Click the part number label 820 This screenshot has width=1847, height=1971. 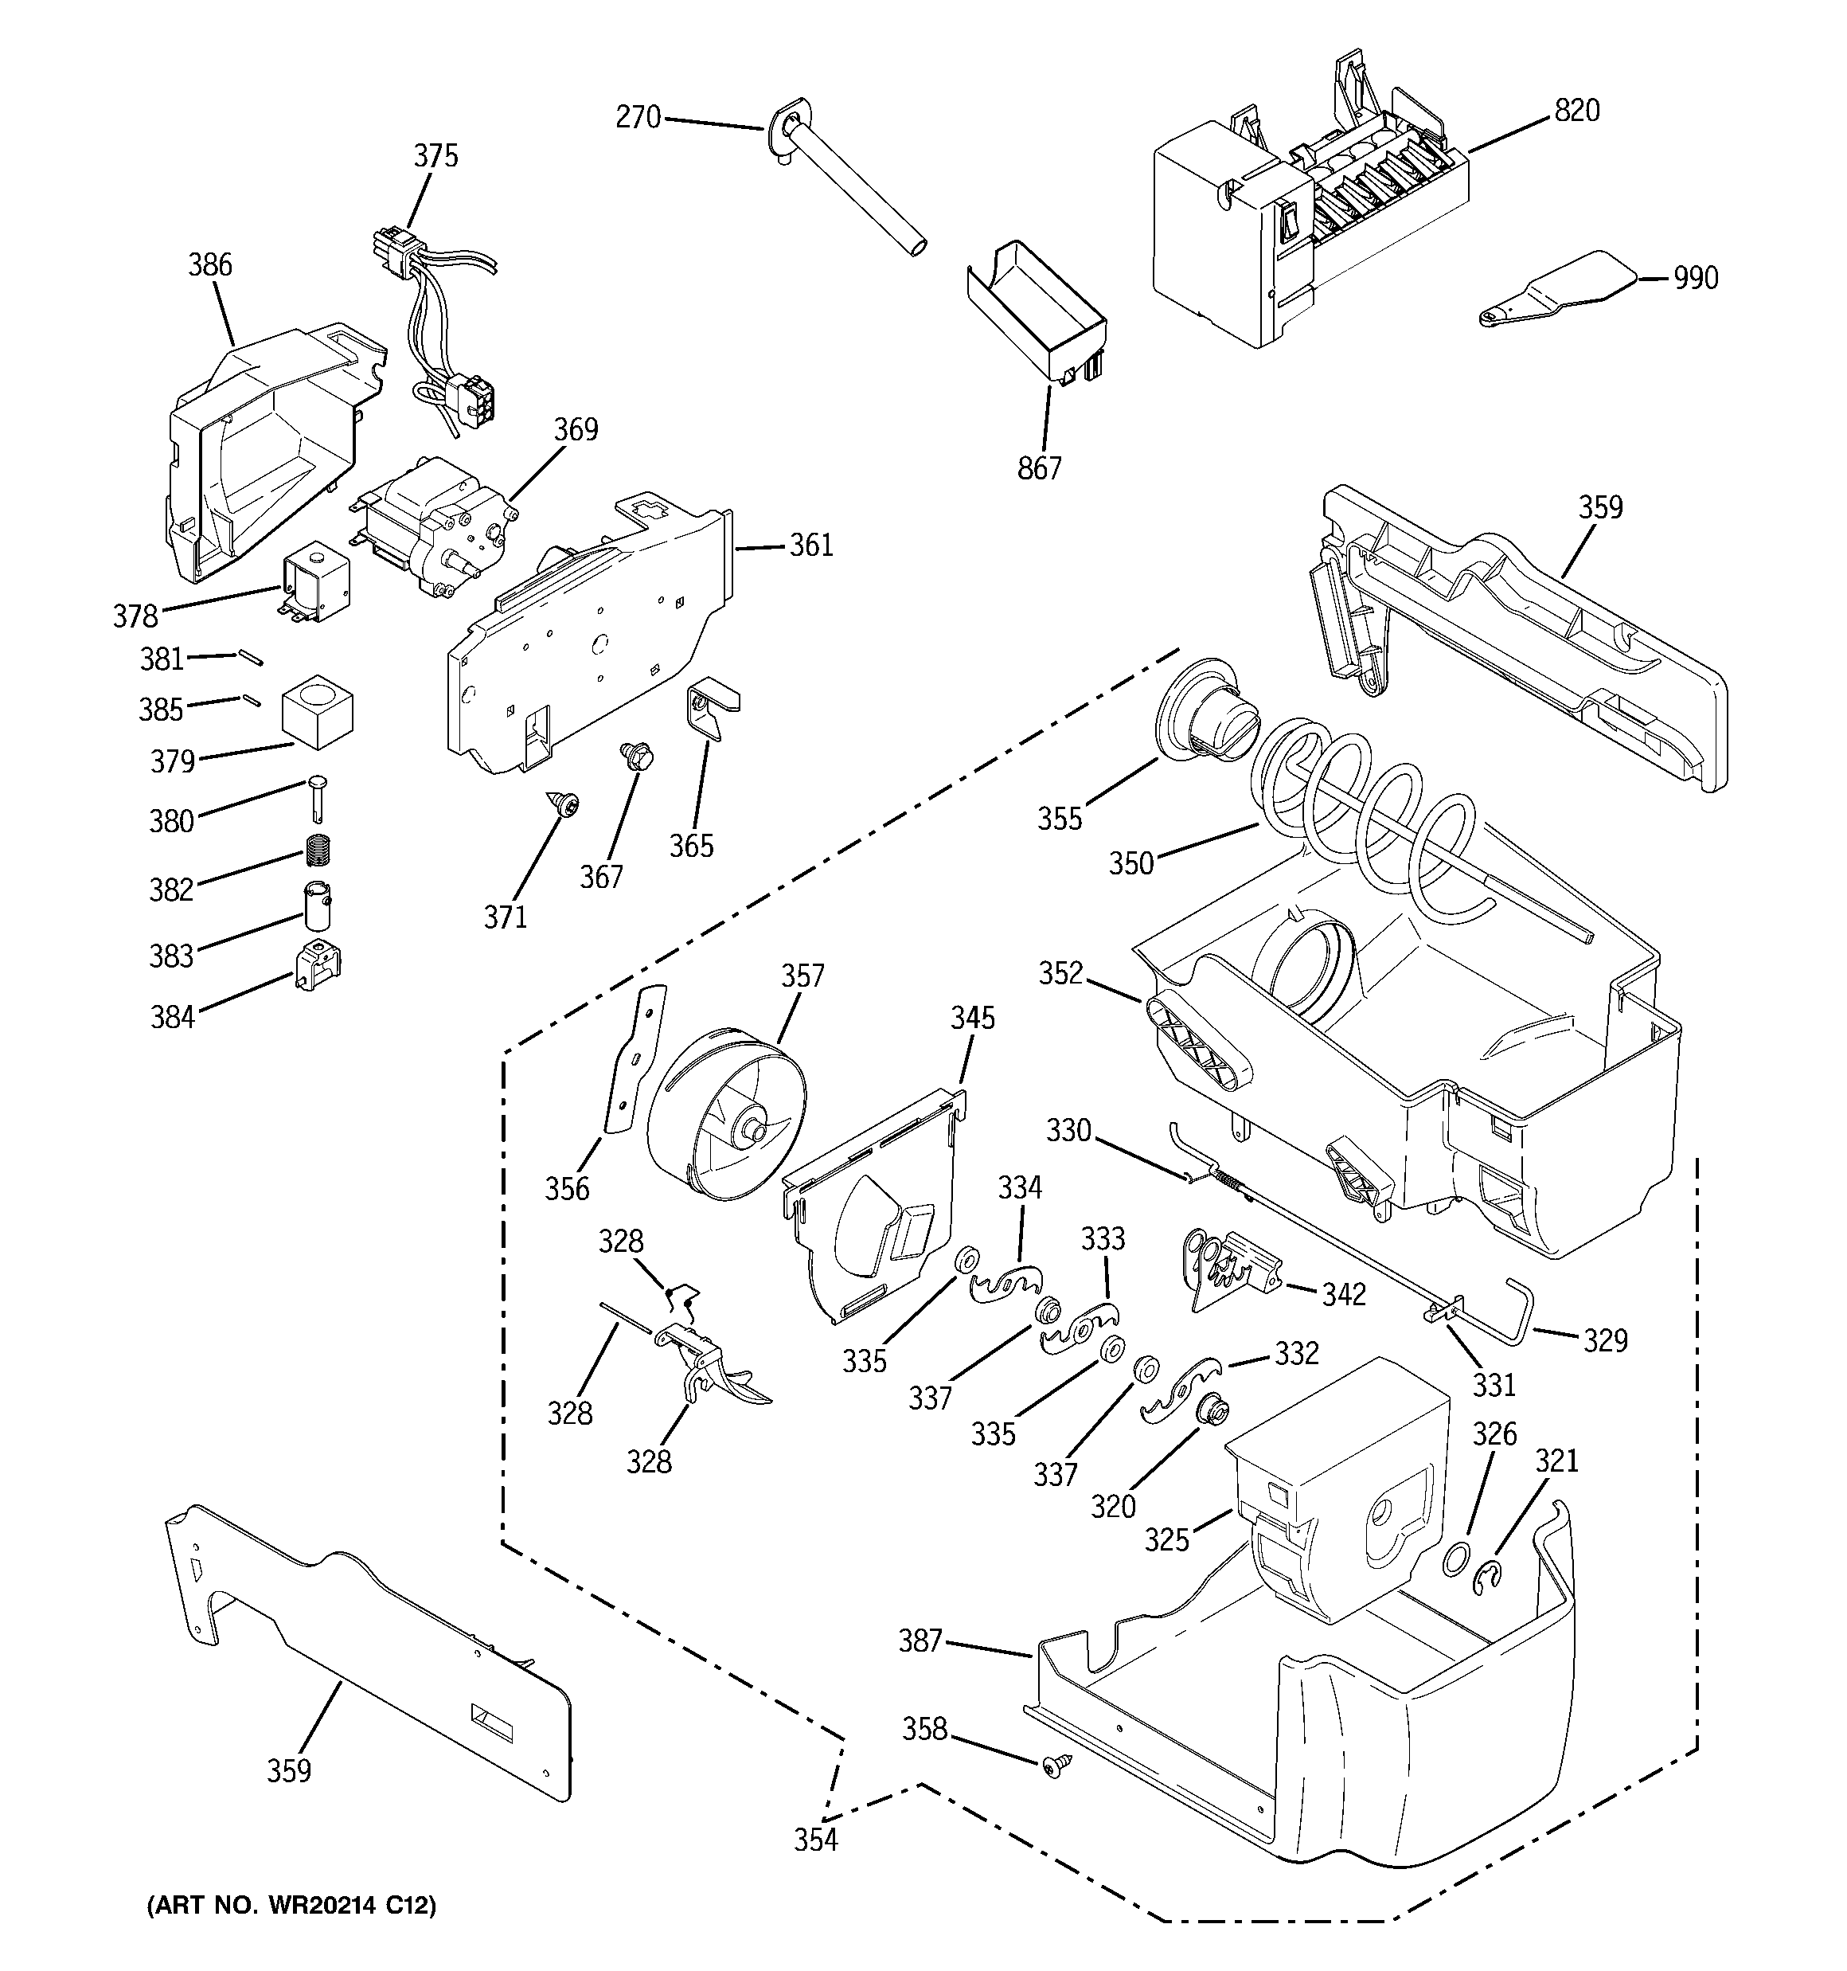point(1576,111)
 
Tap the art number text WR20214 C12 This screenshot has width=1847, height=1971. point(291,1906)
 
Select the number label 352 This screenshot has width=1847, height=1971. point(1060,974)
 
